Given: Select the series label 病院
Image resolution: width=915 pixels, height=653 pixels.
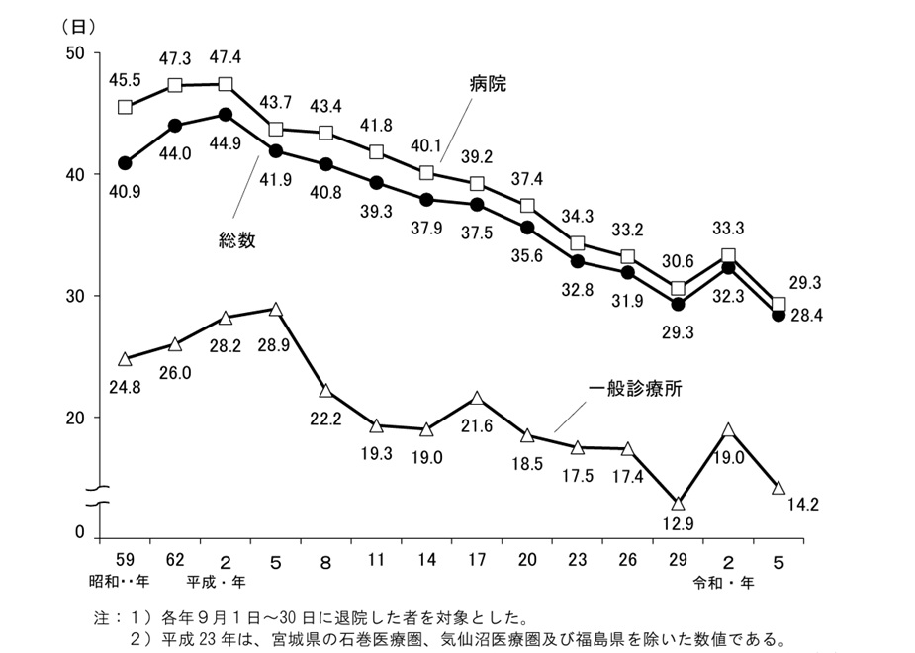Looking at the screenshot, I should click(488, 85).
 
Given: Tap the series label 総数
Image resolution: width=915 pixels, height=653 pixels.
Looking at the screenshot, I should click(236, 240).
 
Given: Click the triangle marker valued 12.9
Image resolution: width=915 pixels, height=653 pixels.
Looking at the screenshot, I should click(678, 504).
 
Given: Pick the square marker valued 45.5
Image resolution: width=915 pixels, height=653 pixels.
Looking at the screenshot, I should click(126, 107).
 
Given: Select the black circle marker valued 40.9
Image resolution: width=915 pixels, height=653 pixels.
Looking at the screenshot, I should click(126, 162).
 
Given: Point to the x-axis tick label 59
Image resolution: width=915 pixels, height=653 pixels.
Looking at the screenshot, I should click(126, 557).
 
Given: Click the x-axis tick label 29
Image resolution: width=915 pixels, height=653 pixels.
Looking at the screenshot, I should click(678, 557).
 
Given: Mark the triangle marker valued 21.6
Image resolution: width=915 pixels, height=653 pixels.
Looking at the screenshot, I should click(477, 399).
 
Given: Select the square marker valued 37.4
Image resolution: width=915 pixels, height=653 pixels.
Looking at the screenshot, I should click(527, 206).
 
